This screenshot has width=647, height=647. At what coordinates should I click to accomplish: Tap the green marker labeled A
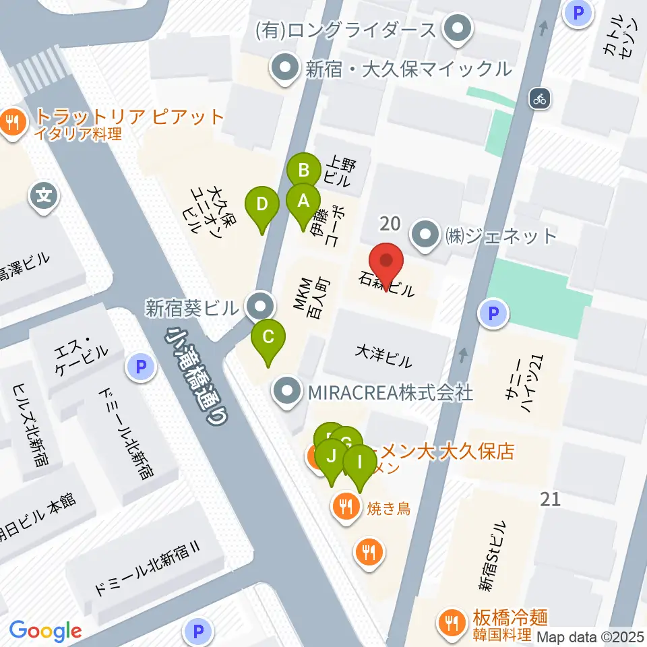303,201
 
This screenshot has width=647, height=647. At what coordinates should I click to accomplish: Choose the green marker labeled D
262,204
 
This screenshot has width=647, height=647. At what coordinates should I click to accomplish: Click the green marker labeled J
331,456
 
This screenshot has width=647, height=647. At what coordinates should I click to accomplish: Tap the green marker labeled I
359,462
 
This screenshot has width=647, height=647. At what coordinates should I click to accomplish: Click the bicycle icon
539,98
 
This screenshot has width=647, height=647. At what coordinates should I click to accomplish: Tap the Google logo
45,630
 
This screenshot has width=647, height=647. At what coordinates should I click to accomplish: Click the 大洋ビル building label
383,357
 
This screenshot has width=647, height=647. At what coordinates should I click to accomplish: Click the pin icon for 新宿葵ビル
259,307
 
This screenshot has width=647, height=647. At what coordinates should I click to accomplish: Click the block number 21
551,499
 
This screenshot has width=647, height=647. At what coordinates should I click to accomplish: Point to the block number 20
390,223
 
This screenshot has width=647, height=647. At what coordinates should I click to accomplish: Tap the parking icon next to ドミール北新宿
140,367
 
